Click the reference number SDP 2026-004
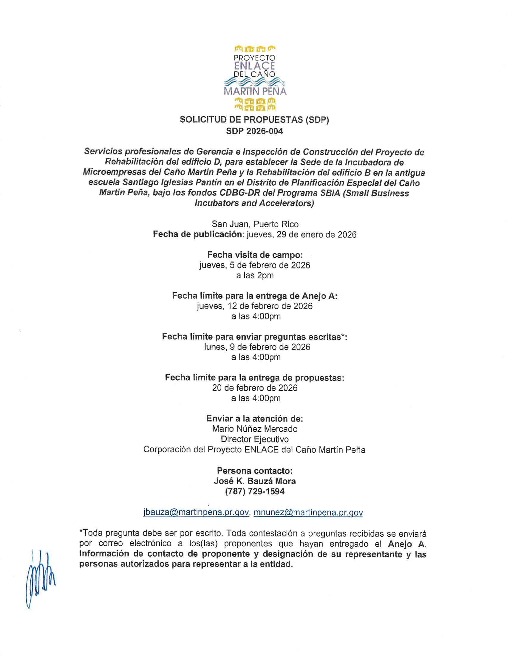click(254, 131)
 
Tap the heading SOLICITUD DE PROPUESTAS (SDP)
click(254, 120)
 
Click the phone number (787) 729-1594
click(254, 491)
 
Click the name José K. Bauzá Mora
click(254, 481)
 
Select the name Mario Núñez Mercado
click(254, 428)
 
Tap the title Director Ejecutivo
click(254, 439)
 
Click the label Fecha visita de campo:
click(255, 255)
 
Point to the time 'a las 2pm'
click(255, 276)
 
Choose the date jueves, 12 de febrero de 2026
click(254, 306)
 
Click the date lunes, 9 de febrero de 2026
click(257, 347)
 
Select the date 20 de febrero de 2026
click(255, 388)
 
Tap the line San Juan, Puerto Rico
click(255, 224)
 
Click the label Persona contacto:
click(254, 471)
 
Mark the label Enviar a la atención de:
click(254, 418)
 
